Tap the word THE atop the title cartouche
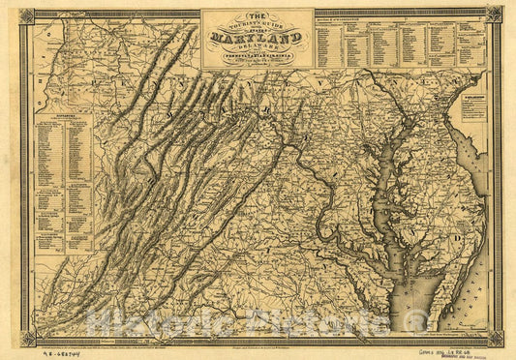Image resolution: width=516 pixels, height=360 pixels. (258, 16)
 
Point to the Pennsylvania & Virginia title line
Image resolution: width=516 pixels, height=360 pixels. (258, 55)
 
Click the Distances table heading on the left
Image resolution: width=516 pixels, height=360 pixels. (61, 123)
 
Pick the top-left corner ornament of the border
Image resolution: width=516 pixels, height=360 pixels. (26, 15)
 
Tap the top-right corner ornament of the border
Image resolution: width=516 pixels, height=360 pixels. (495, 15)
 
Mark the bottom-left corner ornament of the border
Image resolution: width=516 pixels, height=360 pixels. (26, 338)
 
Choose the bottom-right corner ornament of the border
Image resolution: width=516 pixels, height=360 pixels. (495, 338)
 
